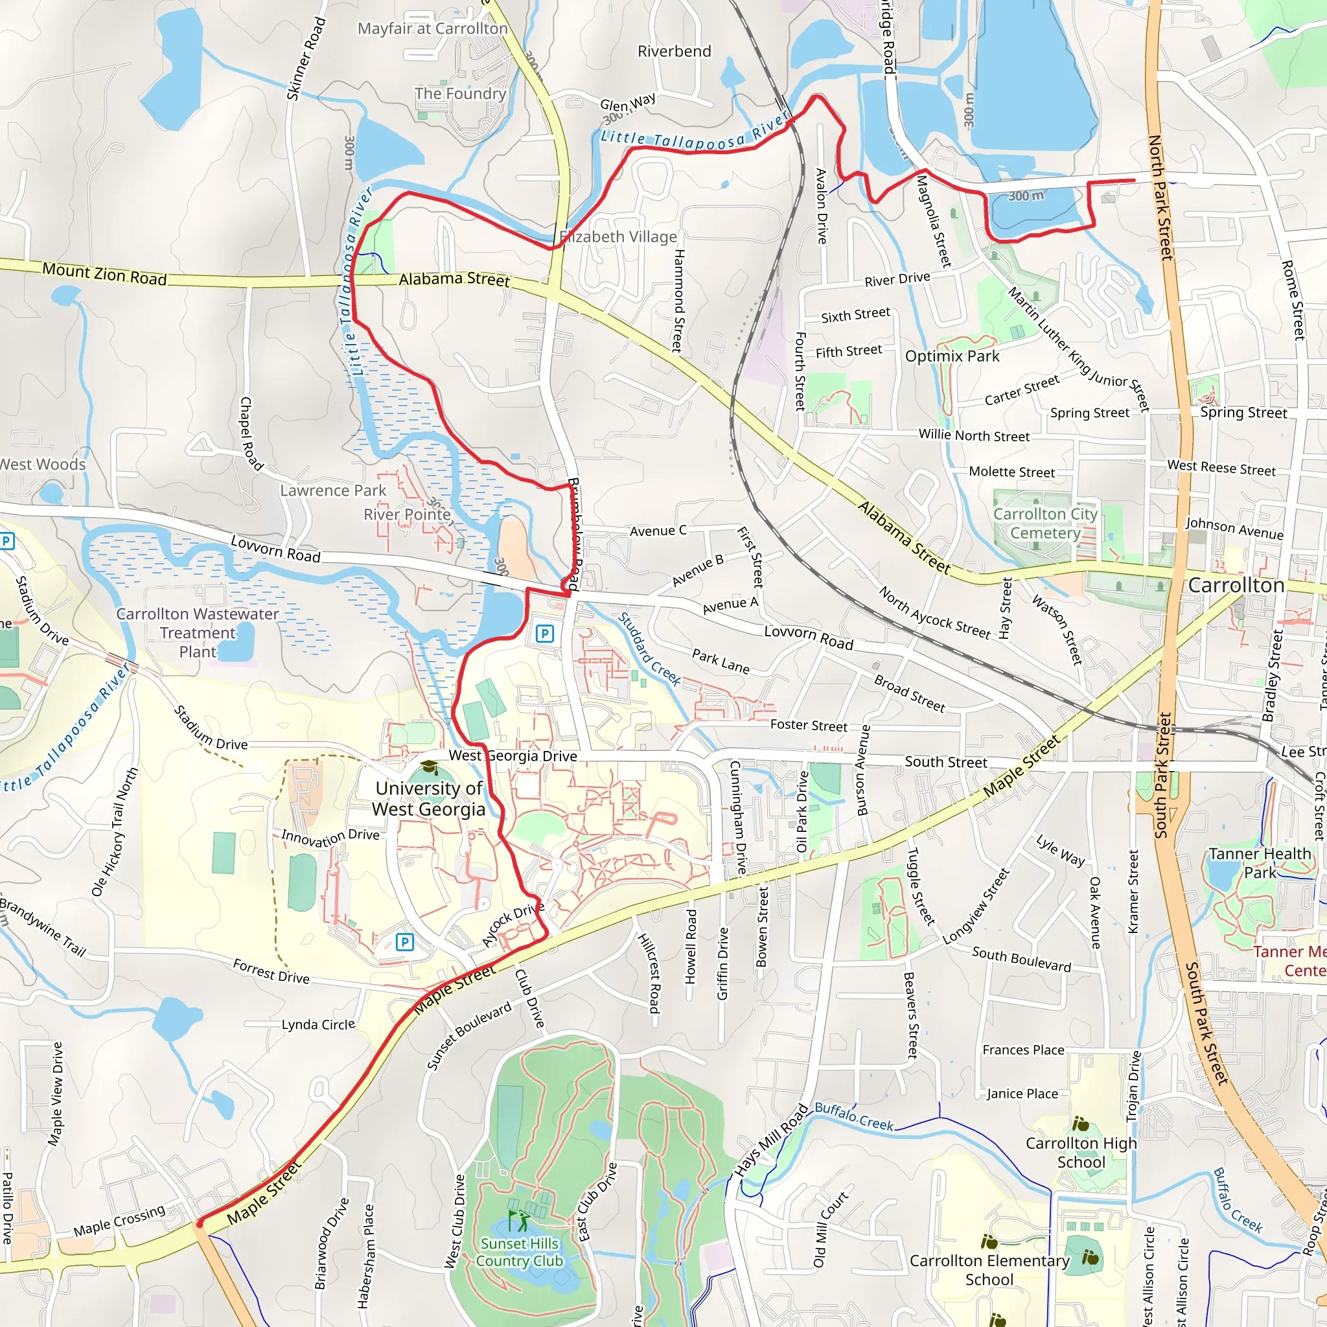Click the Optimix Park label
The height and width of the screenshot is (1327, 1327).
click(952, 356)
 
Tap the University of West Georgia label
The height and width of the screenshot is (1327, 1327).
click(428, 798)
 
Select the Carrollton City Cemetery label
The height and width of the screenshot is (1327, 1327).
click(1044, 524)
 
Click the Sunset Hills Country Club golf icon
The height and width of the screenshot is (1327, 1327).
click(518, 1221)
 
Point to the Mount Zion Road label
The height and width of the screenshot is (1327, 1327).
click(104, 273)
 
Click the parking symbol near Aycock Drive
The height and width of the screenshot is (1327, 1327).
click(404, 941)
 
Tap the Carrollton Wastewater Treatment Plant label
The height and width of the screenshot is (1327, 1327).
click(197, 632)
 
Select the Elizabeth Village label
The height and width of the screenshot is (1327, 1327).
click(618, 237)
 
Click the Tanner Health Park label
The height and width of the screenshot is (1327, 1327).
click(1260, 862)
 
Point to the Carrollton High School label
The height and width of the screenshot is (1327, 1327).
click(1081, 1153)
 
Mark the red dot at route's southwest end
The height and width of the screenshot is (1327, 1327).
click(200, 1223)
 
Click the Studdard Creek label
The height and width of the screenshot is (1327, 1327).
click(649, 649)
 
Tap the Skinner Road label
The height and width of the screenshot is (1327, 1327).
click(305, 59)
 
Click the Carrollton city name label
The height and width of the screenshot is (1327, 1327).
click(1236, 585)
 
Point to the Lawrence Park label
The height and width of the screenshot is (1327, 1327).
click(333, 490)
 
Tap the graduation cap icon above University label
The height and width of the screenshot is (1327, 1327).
click(428, 767)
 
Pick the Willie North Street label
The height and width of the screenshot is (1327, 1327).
click(974, 435)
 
